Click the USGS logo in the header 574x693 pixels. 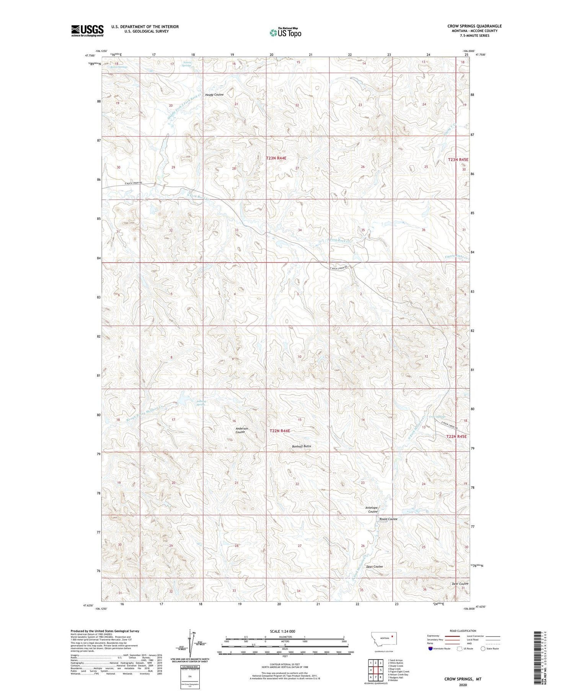tap(87, 31)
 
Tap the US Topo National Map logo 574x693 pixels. tap(285, 32)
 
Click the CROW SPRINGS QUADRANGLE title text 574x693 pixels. tap(475, 26)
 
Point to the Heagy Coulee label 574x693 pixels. tap(214, 94)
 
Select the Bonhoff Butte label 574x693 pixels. tap(302, 446)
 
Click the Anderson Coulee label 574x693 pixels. tap(241, 430)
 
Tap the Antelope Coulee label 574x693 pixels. tap(371, 510)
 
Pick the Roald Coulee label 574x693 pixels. tap(388, 519)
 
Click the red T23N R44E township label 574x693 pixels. tap(276, 157)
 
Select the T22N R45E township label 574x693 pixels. tap(457, 436)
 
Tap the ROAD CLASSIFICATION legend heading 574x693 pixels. tap(463, 631)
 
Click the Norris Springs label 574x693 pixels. tap(186, 64)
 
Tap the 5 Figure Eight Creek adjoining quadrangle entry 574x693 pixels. tap(398, 671)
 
